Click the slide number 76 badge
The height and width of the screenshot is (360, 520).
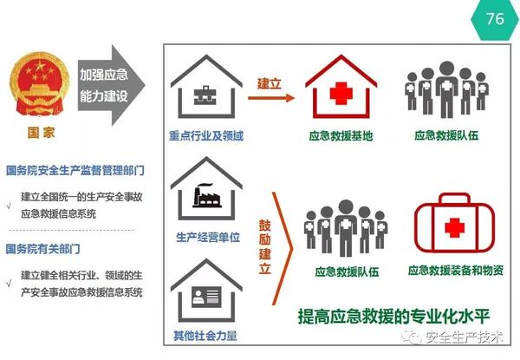click(495, 18)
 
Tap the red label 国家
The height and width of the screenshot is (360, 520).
click(34, 134)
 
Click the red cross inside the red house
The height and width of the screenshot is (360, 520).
click(341, 94)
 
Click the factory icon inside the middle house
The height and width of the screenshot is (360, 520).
click(205, 196)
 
